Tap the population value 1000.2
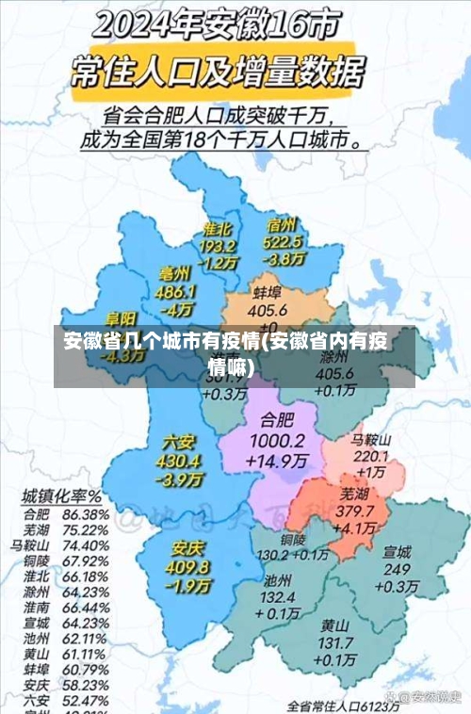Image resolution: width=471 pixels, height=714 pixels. [277, 441]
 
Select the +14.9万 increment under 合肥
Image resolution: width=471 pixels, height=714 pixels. [277, 462]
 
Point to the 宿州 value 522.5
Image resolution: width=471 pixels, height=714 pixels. [282, 242]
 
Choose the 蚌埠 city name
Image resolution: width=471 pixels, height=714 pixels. [268, 292]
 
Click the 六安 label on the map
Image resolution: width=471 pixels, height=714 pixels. [180, 442]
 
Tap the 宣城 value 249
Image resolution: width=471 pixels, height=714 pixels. [397, 569]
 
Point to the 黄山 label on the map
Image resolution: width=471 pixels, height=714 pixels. [334, 625]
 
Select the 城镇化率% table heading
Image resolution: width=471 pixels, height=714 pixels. [62, 495]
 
